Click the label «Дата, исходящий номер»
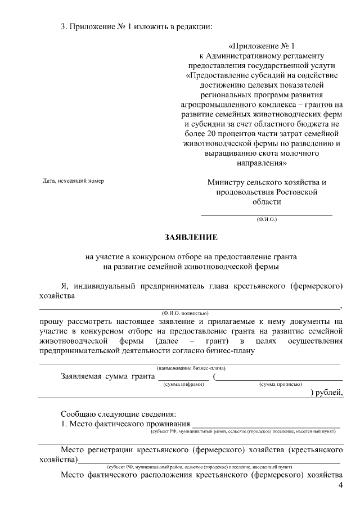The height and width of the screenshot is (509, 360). tap(73, 181)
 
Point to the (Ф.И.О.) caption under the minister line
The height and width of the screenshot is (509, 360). tap(267, 219)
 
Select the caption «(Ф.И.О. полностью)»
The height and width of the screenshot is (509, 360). tap(185, 312)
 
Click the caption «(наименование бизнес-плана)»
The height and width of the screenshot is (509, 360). tap(191, 368)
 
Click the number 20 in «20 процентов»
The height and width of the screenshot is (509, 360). tap(206, 134)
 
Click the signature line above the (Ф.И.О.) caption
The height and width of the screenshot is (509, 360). tap(267, 214)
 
